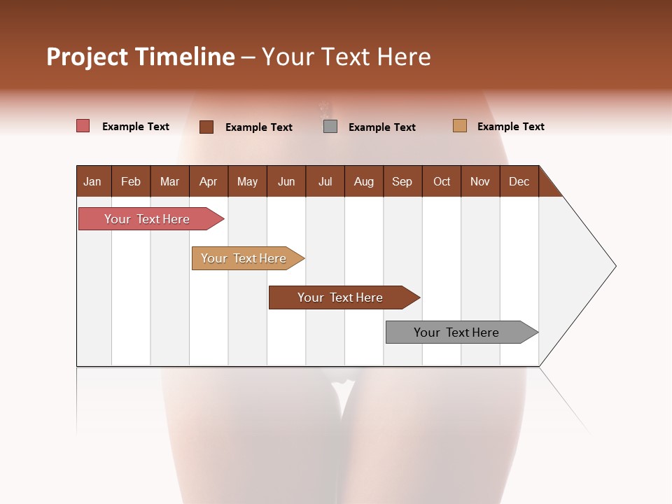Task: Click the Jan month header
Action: tap(93, 181)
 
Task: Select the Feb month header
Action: tap(131, 181)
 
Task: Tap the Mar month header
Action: tap(169, 181)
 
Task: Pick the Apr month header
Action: tap(209, 181)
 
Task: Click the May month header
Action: tap(247, 181)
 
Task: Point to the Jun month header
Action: tap(286, 181)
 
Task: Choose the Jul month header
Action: tap(325, 181)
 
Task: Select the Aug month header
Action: tap(364, 181)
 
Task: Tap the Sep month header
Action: tap(402, 181)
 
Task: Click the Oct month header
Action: tap(442, 181)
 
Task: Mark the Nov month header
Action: tap(480, 181)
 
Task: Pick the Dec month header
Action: tap(519, 181)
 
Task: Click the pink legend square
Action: tap(83, 126)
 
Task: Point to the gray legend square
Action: tap(330, 126)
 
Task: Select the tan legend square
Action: tap(460, 126)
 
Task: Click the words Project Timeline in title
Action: tap(141, 57)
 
